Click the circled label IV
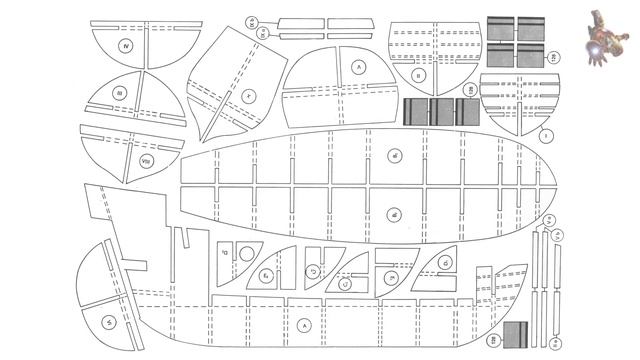click(126, 46)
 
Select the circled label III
click(119, 93)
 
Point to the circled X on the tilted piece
click(246, 96)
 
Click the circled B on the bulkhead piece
click(419, 75)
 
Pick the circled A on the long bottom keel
click(304, 326)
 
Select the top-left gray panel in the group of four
click(501, 29)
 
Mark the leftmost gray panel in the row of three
click(416, 112)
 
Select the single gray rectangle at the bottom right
click(515, 337)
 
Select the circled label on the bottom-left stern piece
click(106, 321)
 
